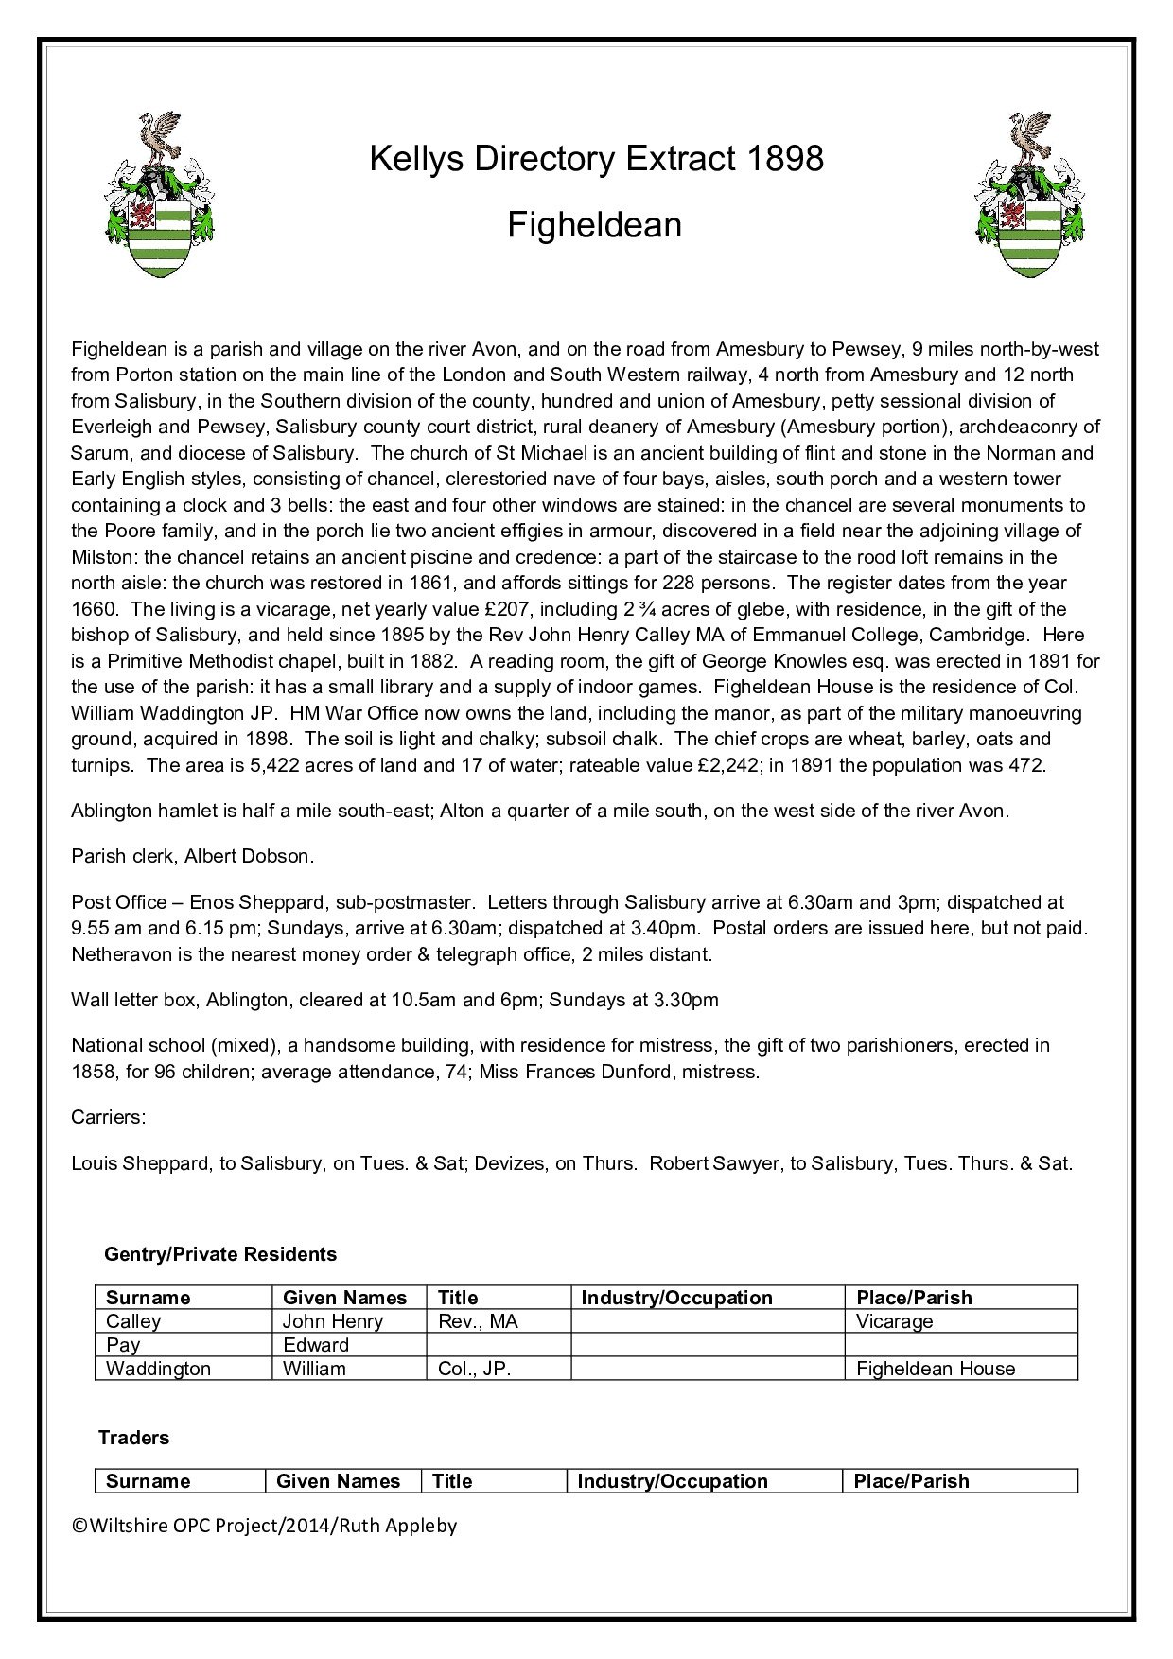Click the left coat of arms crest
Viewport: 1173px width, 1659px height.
[158, 195]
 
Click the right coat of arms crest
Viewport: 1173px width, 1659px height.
[1030, 195]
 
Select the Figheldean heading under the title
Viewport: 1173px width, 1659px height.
[594, 225]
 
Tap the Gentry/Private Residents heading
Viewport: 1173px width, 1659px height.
[220, 1254]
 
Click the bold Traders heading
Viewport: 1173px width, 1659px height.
[134, 1438]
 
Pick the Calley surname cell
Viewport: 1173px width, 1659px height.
[133, 1321]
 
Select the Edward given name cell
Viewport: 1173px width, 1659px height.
[316, 1345]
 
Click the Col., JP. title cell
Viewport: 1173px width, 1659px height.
[475, 1369]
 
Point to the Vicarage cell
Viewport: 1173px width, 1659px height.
[895, 1321]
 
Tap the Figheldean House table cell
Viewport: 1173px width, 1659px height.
[936, 1369]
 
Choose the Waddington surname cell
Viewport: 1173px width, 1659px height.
[158, 1369]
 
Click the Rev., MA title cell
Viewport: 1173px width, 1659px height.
[479, 1321]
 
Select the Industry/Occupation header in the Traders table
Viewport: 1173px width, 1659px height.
[673, 1481]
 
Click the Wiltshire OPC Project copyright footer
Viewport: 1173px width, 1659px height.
[264, 1525]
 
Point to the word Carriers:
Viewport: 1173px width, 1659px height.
[109, 1117]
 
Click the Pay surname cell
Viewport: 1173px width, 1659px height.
[123, 1345]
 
